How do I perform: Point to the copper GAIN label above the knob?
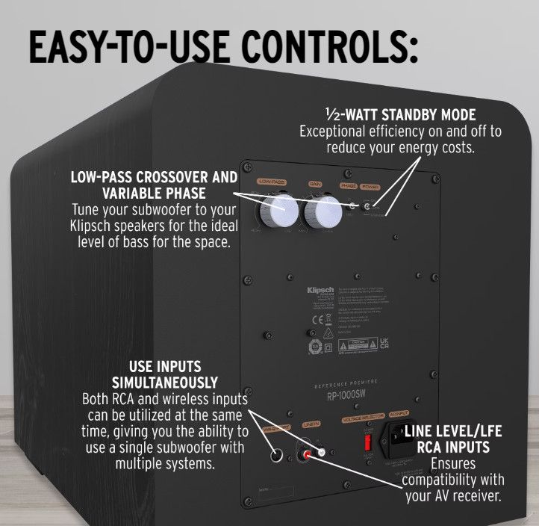(317, 183)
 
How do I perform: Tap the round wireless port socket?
(276, 454)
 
